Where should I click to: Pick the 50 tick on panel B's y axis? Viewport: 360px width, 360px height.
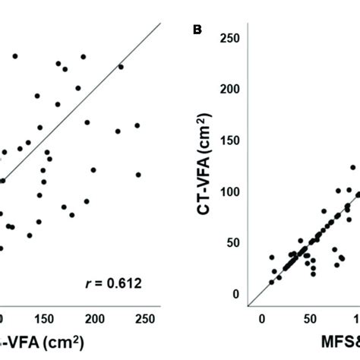point(235,243)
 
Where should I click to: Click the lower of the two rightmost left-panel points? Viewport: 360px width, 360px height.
point(138,174)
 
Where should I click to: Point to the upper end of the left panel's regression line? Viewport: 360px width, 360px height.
point(161,23)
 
